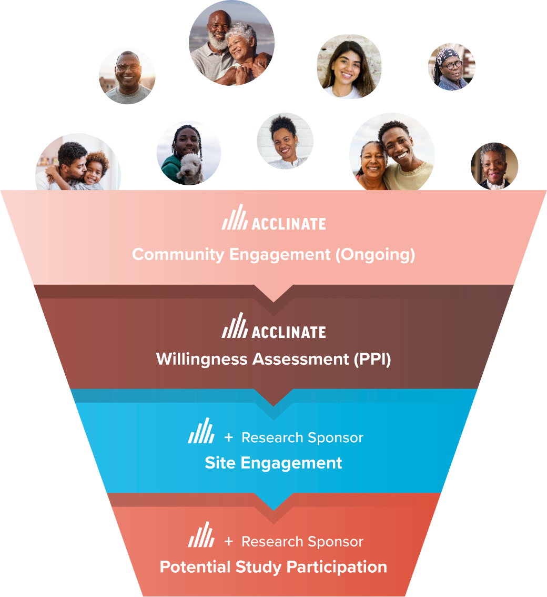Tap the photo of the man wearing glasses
(127, 76)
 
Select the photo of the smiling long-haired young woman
(349, 67)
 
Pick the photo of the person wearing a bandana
(451, 66)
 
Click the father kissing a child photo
(78, 163)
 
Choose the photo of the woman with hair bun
(285, 141)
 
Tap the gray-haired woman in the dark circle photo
(494, 166)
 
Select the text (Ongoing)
(375, 255)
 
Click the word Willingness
(202, 360)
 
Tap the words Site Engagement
(273, 463)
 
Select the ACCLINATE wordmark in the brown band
(289, 332)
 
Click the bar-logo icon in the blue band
(201, 431)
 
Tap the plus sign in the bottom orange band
(228, 541)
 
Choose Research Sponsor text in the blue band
(302, 437)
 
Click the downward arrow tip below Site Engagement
(273, 509)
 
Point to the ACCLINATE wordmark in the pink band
(289, 224)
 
